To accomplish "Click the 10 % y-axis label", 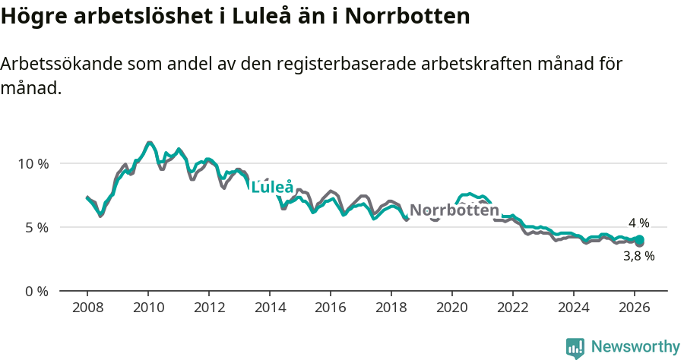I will tap(33, 163).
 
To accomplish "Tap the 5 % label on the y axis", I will tap(36, 227).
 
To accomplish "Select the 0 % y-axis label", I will tap(36, 291).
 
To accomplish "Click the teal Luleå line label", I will tap(272, 187).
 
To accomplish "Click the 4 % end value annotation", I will tap(638, 223).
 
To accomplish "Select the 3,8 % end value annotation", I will tap(638, 257).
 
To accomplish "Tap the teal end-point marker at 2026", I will tap(639, 240).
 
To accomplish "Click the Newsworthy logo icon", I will tap(575, 348).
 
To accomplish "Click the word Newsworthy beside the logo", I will tap(635, 347).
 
